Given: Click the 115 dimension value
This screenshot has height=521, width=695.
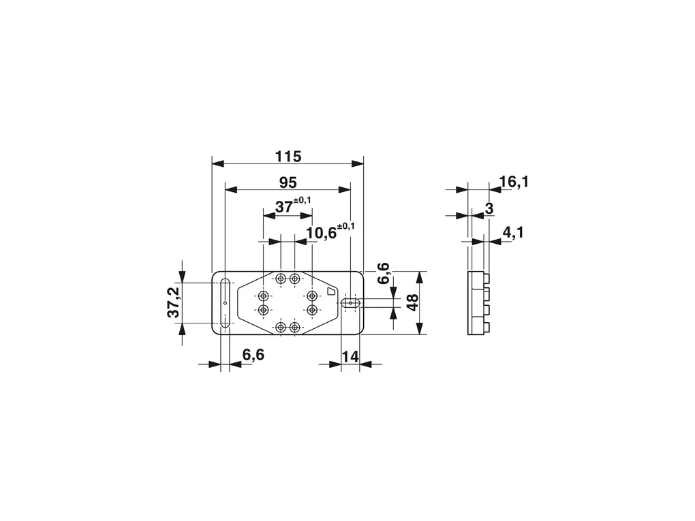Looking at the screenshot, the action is [x=288, y=157].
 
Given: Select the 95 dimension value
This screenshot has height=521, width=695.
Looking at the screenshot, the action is [x=288, y=183].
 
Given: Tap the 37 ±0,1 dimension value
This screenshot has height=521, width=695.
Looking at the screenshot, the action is [x=293, y=205].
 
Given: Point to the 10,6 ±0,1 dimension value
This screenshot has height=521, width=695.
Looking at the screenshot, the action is [x=330, y=232].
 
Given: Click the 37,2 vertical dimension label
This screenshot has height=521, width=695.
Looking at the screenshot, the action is [x=173, y=302].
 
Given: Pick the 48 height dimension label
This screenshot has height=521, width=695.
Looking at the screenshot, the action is [x=412, y=302].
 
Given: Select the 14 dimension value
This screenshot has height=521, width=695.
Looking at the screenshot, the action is [x=350, y=356].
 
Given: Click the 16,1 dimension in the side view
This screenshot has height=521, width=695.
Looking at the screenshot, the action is [x=514, y=182].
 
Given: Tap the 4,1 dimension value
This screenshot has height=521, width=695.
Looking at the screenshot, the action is [x=513, y=233].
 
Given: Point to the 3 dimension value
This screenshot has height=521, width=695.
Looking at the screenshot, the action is [x=489, y=208].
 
